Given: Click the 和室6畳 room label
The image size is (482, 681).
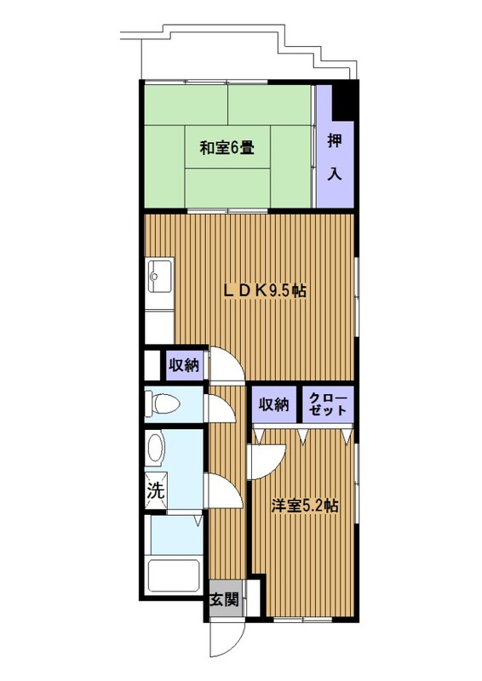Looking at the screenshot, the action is point(227,148).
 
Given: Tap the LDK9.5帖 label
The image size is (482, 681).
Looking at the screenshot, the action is point(265,290).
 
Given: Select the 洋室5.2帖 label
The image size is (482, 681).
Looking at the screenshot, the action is point(305,506).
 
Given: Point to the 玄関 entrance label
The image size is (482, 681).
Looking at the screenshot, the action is point(224,600).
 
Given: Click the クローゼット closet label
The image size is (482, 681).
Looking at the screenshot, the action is point(328,404).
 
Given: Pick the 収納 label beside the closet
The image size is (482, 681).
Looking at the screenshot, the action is point(274,404).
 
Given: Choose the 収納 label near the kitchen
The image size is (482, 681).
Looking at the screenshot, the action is point(184,366).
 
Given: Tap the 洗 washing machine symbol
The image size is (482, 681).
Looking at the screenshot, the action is point(155,490).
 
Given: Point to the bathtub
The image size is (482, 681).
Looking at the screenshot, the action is point(174,575).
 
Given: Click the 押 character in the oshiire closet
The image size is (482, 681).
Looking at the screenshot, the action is point(334,141).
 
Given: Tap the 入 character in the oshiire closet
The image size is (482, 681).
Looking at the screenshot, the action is point(334,174).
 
